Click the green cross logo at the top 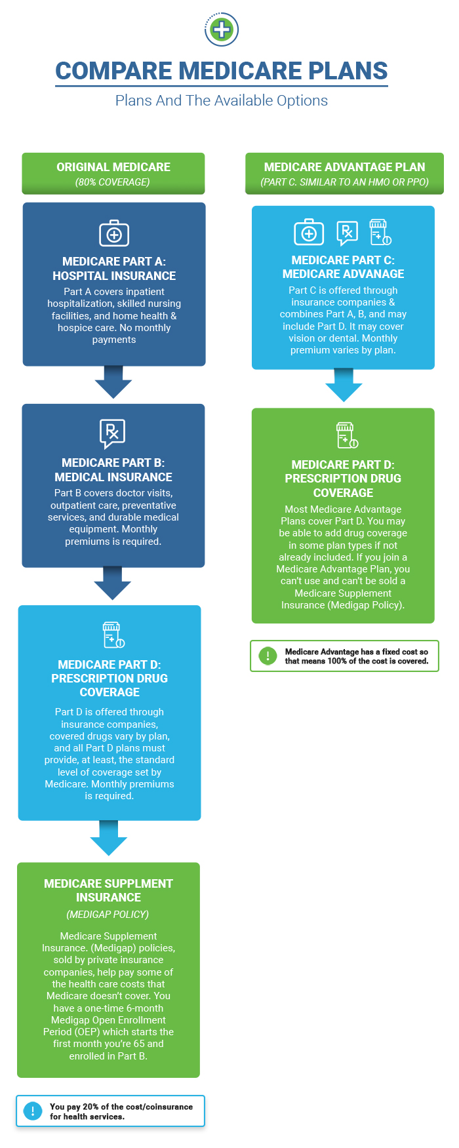[x=222, y=30]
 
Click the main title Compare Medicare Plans [x=222, y=71]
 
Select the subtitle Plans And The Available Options [x=222, y=100]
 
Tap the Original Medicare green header [x=113, y=173]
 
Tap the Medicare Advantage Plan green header [x=344, y=173]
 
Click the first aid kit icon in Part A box [x=114, y=233]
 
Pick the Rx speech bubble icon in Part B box [x=112, y=433]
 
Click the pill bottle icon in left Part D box [x=113, y=635]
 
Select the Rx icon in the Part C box [x=347, y=232]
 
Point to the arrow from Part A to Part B [x=113, y=382]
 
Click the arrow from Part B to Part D [x=113, y=584]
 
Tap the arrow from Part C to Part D [x=344, y=386]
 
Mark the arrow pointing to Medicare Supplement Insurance [x=109, y=839]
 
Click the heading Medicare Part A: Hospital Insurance [x=114, y=269]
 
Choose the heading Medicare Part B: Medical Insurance [x=113, y=470]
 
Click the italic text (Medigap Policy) [x=108, y=914]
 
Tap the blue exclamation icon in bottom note [x=32, y=1111]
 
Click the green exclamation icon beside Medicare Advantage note [x=268, y=656]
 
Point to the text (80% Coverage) [x=113, y=182]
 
